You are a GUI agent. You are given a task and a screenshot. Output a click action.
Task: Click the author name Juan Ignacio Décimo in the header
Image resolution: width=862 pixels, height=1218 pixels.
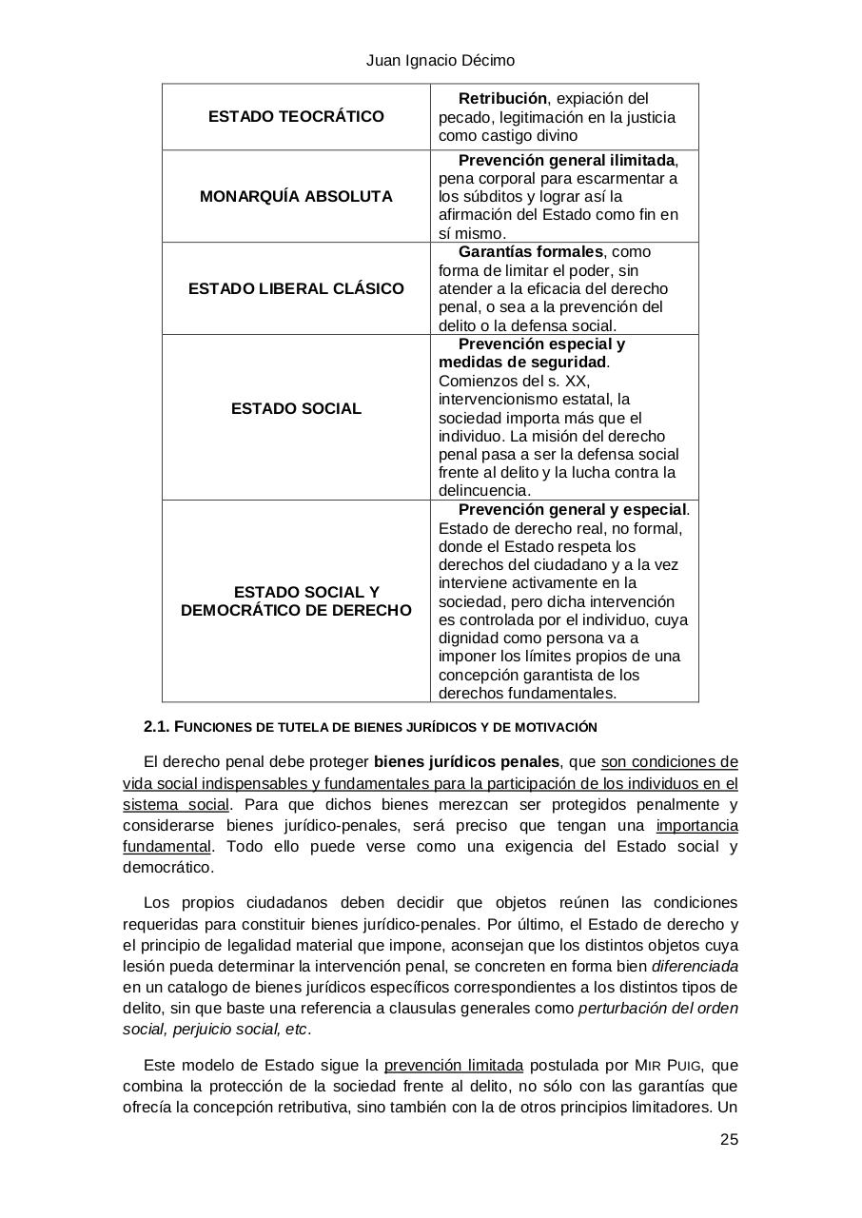441,61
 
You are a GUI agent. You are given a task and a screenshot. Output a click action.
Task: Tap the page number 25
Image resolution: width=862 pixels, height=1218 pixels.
729,1140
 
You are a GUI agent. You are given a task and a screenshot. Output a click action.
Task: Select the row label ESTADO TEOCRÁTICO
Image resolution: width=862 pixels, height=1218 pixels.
296,117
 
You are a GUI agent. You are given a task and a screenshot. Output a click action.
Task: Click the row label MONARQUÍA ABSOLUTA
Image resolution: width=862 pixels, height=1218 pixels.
296,197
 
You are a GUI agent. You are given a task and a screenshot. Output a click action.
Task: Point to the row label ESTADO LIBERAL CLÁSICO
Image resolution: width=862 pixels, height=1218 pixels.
296,288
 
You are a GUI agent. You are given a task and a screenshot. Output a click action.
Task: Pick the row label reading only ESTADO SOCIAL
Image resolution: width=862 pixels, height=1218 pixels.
296,409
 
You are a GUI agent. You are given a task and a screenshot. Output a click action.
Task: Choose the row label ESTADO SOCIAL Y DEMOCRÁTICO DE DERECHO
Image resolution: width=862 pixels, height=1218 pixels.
296,601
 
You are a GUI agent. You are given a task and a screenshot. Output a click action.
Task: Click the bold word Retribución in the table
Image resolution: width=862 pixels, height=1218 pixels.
502,99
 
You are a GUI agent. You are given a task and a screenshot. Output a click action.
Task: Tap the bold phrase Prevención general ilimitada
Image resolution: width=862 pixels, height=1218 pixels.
567,160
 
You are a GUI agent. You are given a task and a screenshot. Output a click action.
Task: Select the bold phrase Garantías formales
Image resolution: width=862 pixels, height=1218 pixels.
530,252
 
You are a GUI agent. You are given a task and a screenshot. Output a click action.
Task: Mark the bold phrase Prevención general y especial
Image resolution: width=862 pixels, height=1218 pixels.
572,510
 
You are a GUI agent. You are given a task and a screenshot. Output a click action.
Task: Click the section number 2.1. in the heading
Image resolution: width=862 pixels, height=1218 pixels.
156,727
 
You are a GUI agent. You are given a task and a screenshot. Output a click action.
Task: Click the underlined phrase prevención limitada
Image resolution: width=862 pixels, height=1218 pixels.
454,1066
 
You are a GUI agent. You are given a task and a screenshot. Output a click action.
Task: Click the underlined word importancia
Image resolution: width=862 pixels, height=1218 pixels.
696,826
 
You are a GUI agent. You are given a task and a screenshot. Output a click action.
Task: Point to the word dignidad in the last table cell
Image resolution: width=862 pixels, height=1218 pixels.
467,638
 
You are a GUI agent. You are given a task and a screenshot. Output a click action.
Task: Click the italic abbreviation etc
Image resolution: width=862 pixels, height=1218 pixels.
297,1030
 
